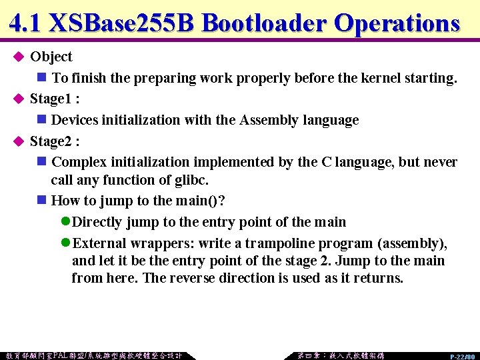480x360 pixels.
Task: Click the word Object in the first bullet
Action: pyautogui.click(x=51, y=57)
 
